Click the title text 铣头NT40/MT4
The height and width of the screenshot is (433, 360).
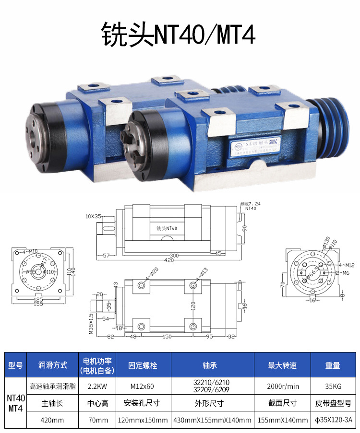[x=178, y=34]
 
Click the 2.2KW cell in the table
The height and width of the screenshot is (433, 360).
[x=97, y=386]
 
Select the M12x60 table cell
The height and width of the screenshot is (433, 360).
[x=144, y=386]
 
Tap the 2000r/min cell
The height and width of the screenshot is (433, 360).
[x=283, y=386]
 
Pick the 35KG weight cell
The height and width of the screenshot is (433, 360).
[x=332, y=386]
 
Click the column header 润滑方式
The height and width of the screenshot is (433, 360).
[x=53, y=365]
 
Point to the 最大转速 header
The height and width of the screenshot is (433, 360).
[x=283, y=365]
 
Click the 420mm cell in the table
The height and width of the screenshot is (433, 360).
[x=53, y=420]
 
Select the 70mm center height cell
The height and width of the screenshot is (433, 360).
[x=97, y=420]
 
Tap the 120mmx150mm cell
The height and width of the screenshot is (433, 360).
[x=144, y=420]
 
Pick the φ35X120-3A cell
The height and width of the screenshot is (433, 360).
[x=332, y=420]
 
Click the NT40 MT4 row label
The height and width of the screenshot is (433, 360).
[x=15, y=402]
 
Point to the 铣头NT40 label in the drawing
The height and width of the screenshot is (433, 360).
[x=167, y=228]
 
